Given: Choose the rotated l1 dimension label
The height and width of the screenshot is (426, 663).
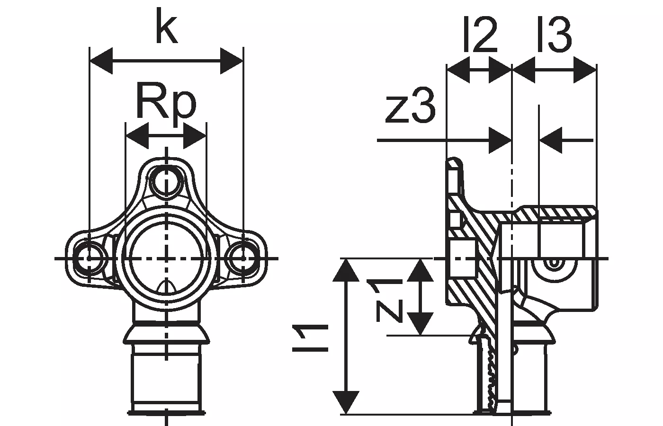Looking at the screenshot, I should tap(310, 337).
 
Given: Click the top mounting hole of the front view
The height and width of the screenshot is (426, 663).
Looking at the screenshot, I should tap(166, 180).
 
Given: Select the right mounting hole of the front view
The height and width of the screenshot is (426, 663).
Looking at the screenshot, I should tap(242, 258).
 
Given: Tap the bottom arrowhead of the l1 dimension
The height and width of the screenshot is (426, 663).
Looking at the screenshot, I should tap(348, 402).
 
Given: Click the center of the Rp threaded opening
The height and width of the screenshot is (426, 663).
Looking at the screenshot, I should tap(166, 258).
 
